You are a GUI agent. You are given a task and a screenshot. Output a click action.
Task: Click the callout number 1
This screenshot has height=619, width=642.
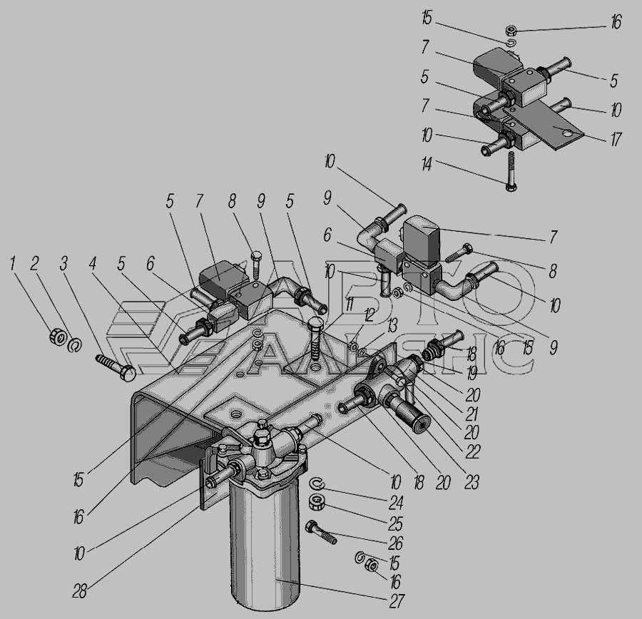pos(13,263)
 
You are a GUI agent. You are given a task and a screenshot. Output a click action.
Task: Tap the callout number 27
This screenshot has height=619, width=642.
pos(396,600)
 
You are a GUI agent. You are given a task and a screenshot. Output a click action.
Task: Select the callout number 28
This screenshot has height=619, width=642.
pos(80,591)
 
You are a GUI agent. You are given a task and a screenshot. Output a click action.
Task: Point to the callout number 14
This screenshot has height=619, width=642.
pos(427,165)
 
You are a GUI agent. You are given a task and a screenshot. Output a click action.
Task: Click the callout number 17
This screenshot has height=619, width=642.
pos(616,139)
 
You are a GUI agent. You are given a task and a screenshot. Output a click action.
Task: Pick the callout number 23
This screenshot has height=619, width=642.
pos(472,482)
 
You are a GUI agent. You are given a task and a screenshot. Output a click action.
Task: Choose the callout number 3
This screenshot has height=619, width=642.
pos(63,264)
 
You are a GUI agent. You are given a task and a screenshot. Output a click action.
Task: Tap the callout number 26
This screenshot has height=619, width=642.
pos(395,543)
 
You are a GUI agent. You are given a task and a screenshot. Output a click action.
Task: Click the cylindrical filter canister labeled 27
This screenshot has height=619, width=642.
pos(266,545)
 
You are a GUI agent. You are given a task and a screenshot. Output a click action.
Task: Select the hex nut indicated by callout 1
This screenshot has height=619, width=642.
pos(58,337)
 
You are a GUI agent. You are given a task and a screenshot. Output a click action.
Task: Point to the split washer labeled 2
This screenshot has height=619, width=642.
pos(75,345)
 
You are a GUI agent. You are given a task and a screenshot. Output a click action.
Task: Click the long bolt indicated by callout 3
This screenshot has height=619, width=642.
pos(116,367)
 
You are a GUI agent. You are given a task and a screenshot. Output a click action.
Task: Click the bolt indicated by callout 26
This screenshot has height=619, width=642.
pos(321,532)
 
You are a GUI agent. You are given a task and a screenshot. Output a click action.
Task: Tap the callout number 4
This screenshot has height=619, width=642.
pos(93,264)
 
